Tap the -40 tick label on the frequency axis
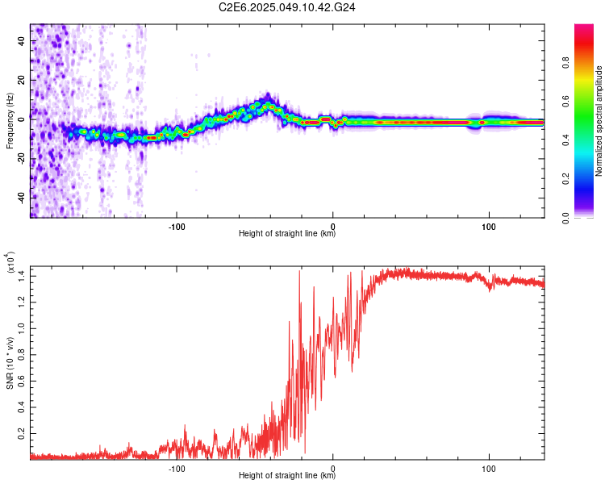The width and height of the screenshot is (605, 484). (22, 198)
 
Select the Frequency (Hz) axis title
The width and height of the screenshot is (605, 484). (9, 121)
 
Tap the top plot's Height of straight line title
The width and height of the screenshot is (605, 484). (287, 234)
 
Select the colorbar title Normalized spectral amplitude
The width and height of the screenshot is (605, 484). (599, 121)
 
